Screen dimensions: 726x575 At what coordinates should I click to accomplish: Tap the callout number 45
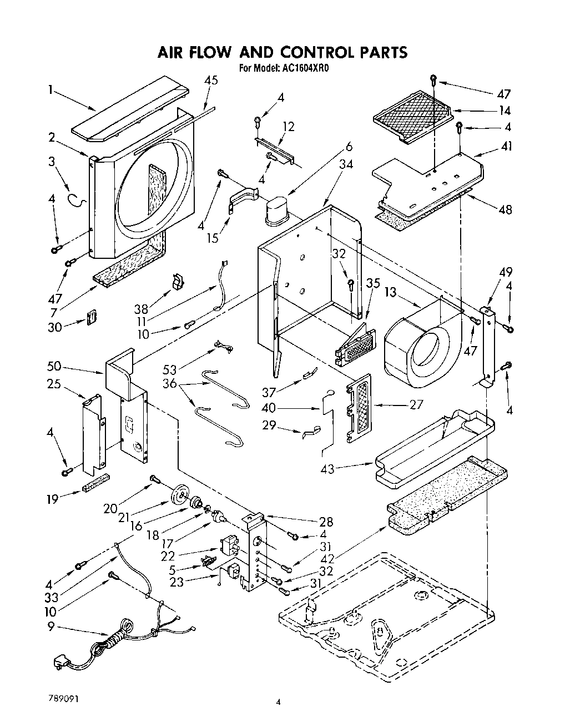click(211, 80)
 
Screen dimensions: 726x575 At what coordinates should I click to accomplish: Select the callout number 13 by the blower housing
click(391, 292)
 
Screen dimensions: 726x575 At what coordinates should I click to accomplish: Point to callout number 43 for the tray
click(327, 469)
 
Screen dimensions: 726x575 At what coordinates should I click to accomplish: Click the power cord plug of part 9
click(59, 662)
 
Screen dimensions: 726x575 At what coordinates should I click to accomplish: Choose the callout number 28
click(326, 521)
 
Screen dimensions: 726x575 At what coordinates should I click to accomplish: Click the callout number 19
click(52, 498)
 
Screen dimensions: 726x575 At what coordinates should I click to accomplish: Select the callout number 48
click(505, 210)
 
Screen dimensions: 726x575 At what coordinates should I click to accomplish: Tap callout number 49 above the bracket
click(505, 272)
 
